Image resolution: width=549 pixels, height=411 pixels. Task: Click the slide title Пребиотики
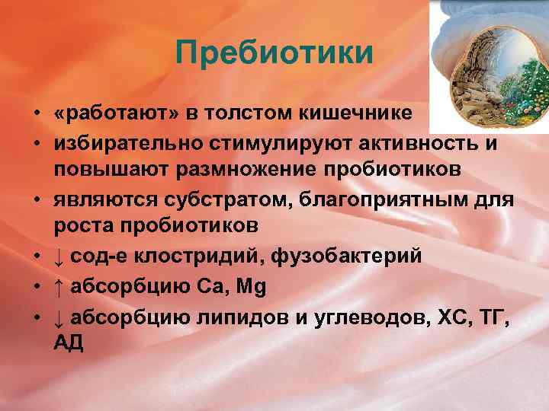tap(274, 53)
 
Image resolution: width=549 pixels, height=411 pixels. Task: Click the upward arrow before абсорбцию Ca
tap(59, 288)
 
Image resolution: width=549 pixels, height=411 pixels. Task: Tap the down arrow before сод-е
tap(59, 256)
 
